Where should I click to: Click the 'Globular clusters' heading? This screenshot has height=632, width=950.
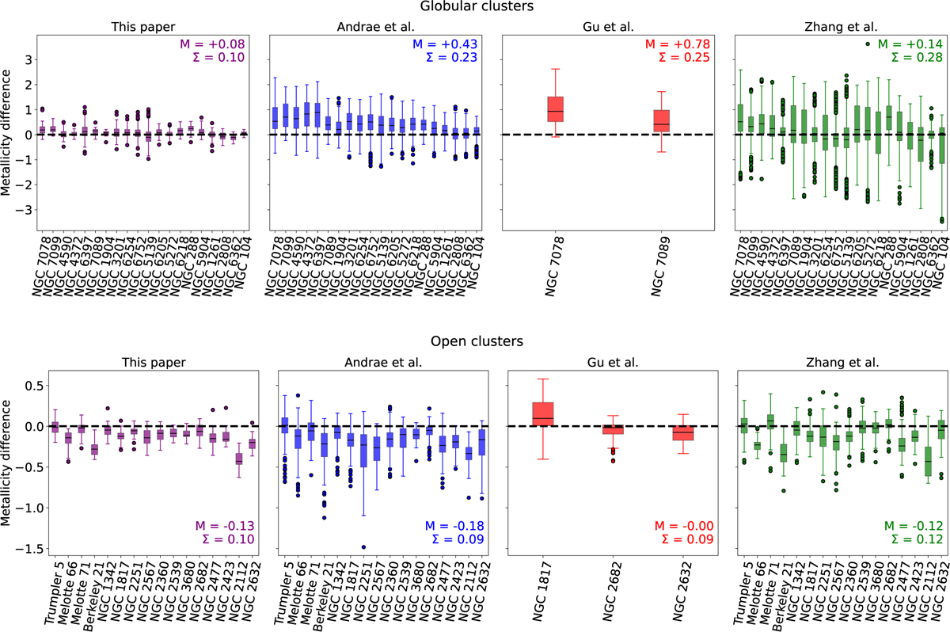[x=475, y=7]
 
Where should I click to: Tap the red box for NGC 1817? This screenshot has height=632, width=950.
[x=543, y=414]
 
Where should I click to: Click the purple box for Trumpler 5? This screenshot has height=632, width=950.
[x=55, y=427]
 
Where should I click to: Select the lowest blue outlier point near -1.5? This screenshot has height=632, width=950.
[x=364, y=546]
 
